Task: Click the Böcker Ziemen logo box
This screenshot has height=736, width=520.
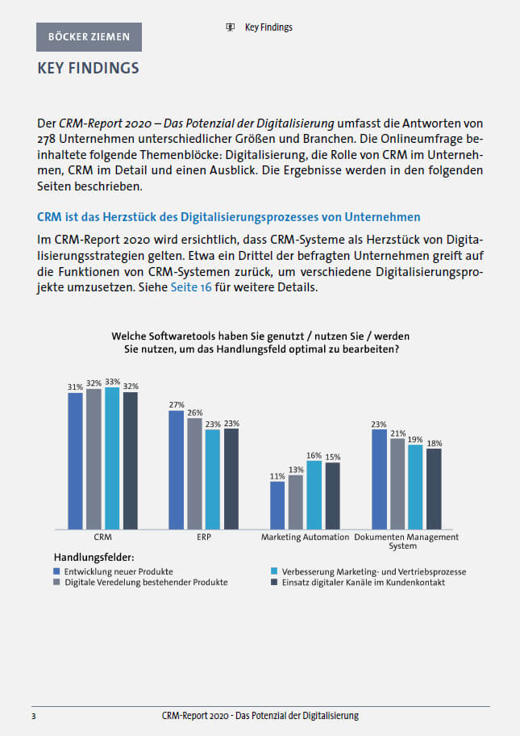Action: (x=89, y=37)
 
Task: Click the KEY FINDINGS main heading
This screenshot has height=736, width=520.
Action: (x=89, y=68)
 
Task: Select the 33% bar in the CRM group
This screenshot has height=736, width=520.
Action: (x=112, y=458)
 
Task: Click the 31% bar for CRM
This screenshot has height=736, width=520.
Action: (x=75, y=460)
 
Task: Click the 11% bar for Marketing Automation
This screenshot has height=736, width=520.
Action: (x=277, y=505)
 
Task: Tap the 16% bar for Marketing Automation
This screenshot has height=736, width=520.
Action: (x=314, y=495)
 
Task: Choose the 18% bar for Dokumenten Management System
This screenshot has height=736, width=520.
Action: (x=434, y=489)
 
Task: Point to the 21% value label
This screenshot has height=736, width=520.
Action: (x=397, y=433)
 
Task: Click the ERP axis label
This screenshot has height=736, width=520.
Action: (x=203, y=537)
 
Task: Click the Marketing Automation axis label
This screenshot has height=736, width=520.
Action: (x=305, y=537)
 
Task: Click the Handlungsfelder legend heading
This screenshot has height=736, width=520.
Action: (x=94, y=557)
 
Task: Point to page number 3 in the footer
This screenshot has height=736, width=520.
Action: (x=33, y=716)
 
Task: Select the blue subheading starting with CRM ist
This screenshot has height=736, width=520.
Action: (x=229, y=217)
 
